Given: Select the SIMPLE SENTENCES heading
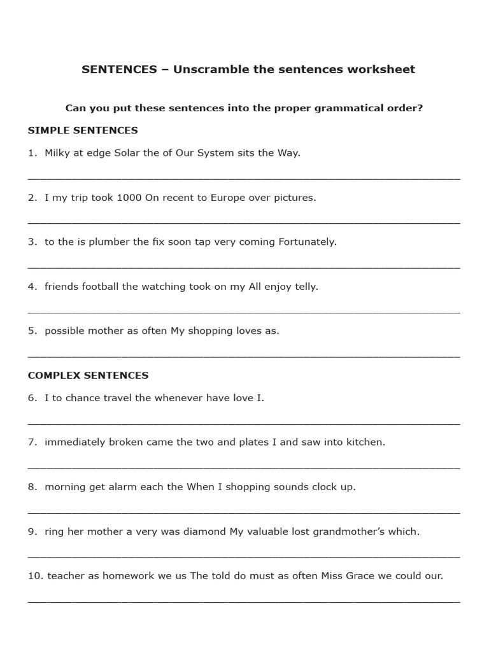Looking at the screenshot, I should click(x=83, y=130).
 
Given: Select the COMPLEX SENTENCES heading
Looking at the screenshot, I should click(x=88, y=375).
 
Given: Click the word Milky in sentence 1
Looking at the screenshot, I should click(x=58, y=153).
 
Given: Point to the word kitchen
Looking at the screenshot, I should click(x=364, y=442).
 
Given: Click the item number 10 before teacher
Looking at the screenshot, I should click(x=34, y=576).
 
